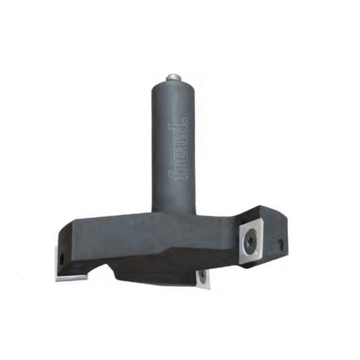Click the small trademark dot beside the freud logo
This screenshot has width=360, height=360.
click(x=187, y=119)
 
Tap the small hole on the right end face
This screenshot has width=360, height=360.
click(x=280, y=243)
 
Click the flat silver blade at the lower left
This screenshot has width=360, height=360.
click(x=71, y=277)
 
